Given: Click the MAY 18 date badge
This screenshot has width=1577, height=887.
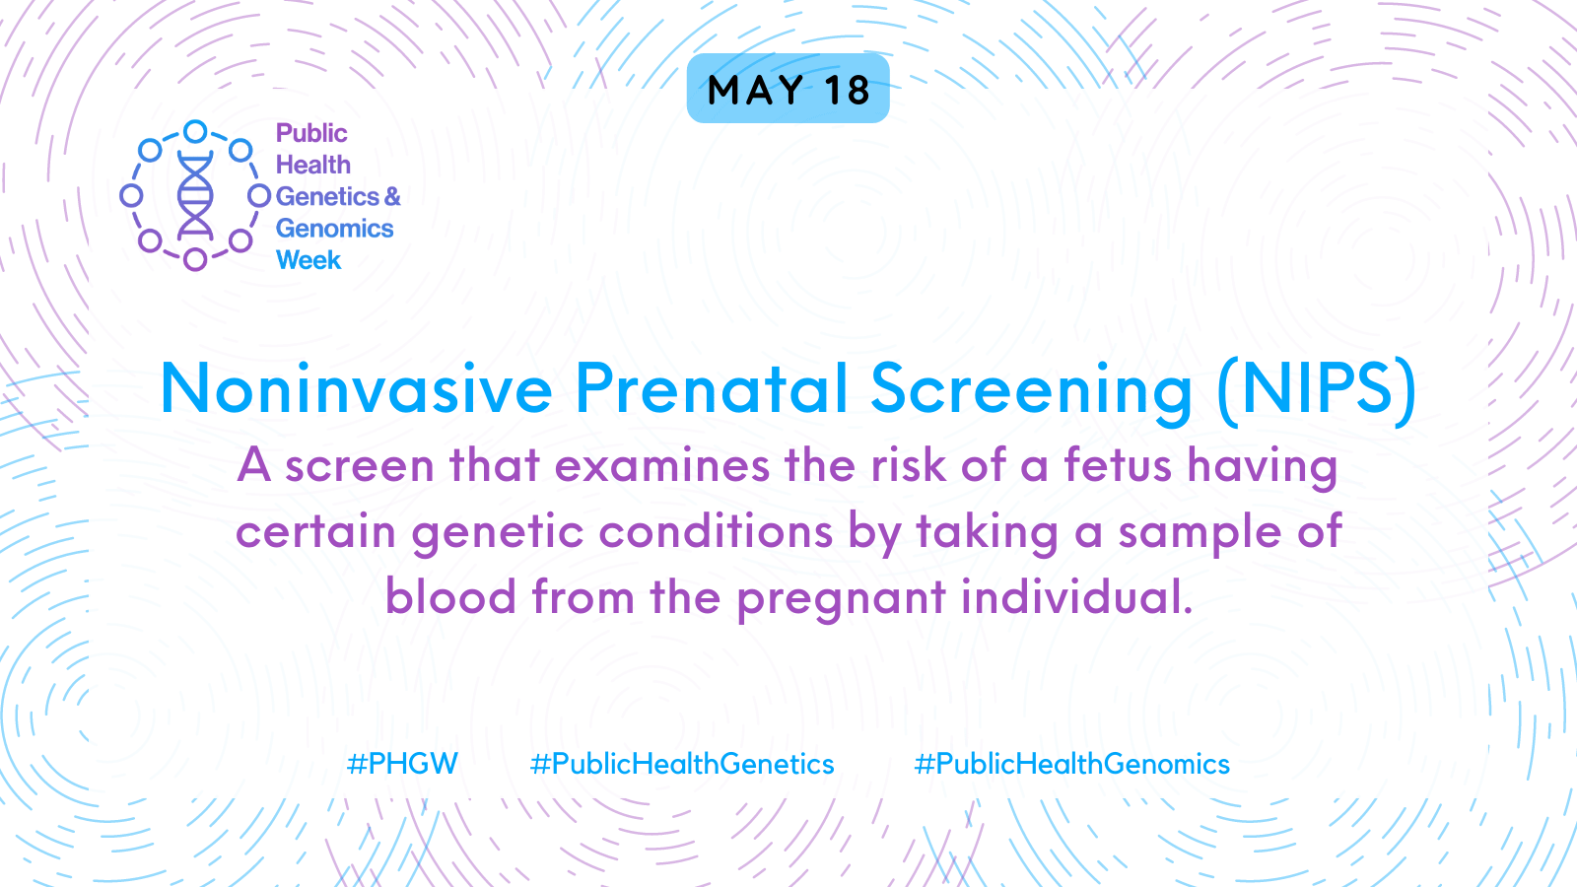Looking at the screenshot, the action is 788,89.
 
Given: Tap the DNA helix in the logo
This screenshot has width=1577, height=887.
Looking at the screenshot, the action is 195,196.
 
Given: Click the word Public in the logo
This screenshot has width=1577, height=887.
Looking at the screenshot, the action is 311,133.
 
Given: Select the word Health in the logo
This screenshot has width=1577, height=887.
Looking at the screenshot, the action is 312,165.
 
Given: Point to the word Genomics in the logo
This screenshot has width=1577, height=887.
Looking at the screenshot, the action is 334,229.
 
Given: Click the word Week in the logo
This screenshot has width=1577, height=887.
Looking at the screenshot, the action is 309,260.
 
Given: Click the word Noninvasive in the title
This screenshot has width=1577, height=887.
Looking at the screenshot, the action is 356,388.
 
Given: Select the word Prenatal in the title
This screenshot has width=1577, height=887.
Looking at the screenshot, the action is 711,388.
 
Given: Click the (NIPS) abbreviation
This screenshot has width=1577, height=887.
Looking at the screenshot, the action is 1316,391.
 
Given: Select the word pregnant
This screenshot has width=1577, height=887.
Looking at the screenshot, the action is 842,599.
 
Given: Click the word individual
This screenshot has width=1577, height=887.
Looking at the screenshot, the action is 1077,595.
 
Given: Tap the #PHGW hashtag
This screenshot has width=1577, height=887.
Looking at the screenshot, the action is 402,764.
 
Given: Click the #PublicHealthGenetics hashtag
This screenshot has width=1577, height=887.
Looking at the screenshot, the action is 681,764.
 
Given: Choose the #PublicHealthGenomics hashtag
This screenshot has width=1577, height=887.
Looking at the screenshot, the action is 1071,764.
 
